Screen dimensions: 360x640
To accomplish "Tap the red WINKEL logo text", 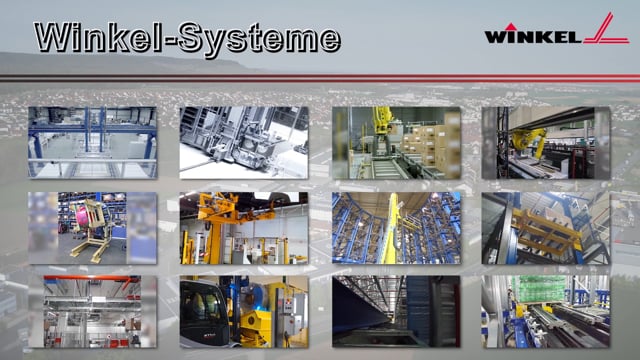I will pos(529,36).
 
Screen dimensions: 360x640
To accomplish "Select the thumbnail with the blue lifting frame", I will pos(92,142).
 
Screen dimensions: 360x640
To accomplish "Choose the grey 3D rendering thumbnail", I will pos(243,142).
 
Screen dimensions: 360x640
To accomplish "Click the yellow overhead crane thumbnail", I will pos(243,227).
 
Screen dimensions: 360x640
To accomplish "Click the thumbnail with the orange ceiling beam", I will pos(92,311).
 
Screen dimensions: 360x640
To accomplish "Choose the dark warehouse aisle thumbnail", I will pos(396,311).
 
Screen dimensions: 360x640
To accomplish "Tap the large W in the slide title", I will pos(55,37).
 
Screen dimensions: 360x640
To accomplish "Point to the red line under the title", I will pos(320,77).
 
